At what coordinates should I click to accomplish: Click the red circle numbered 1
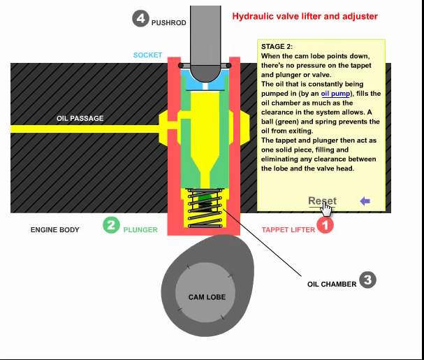[x=324, y=225]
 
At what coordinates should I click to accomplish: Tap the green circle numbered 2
[x=111, y=225]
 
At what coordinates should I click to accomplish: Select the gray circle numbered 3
[x=367, y=280]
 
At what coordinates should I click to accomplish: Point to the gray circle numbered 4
[x=140, y=19]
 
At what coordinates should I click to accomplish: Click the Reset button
[x=322, y=201]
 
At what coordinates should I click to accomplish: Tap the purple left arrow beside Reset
[x=365, y=201]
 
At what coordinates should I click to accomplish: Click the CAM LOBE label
[x=207, y=297]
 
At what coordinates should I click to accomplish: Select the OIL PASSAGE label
[x=80, y=118]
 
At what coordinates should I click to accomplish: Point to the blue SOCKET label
[x=147, y=55]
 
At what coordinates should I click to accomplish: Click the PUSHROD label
[x=170, y=22]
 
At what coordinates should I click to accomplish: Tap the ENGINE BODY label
[x=55, y=229]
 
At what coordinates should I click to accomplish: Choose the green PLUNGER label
[x=140, y=229]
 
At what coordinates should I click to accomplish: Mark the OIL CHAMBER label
[x=332, y=284]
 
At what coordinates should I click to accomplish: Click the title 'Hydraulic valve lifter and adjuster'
[x=305, y=16]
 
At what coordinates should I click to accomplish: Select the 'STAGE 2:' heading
[x=277, y=47]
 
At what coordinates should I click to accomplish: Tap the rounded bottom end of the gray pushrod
[x=205, y=72]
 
